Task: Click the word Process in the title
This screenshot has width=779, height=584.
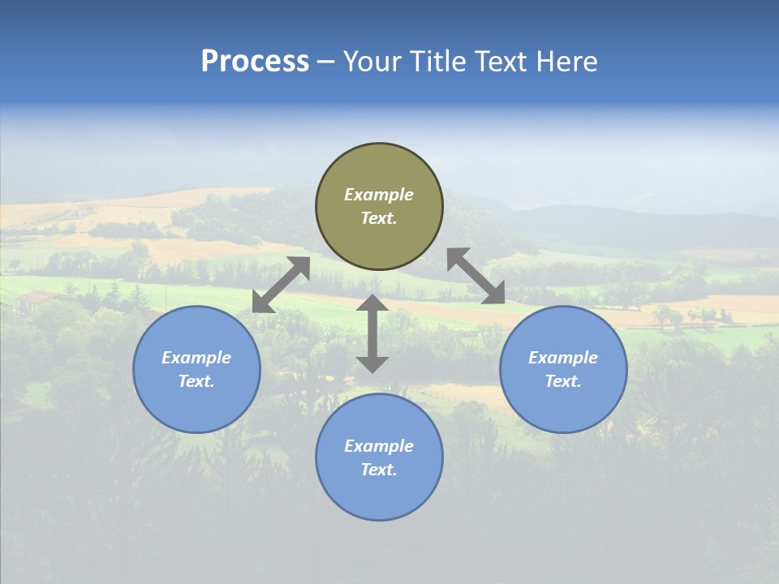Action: point(255,62)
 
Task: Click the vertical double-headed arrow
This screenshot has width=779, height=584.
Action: point(372,333)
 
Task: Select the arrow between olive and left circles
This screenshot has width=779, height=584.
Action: point(281,285)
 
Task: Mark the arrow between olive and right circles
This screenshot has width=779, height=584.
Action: point(476,276)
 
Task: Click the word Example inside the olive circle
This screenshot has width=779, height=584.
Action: point(379,195)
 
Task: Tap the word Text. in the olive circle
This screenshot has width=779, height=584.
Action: point(379,218)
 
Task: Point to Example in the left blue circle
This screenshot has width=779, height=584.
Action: point(196,358)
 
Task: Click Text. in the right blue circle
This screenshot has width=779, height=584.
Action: point(563,381)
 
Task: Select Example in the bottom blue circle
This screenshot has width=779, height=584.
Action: point(379,446)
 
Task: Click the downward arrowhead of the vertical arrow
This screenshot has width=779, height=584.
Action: point(372,363)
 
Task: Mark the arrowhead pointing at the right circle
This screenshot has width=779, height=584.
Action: point(494,294)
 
